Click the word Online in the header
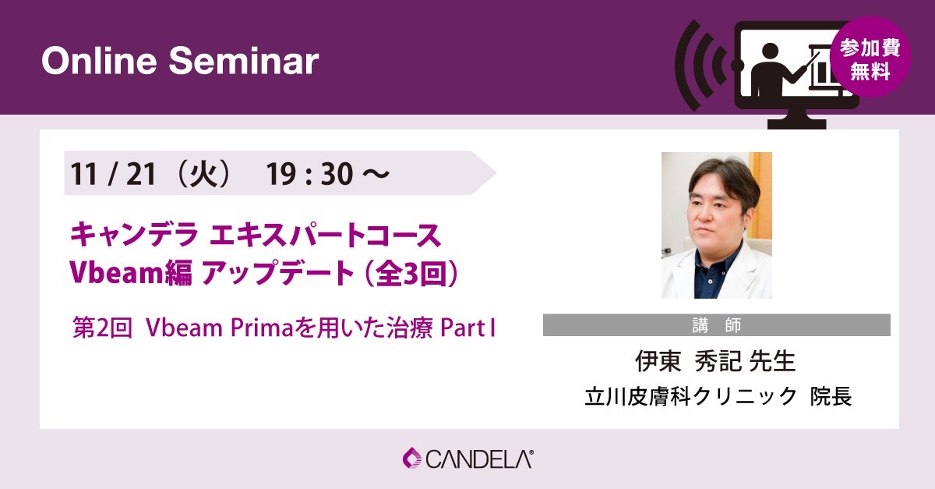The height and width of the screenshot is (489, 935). point(99,62)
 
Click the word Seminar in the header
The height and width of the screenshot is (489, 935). point(244,62)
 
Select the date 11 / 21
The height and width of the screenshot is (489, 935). point(113,173)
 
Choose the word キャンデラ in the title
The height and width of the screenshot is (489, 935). point(133,236)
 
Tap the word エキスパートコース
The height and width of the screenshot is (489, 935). point(326,236)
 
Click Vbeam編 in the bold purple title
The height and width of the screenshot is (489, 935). point(131,273)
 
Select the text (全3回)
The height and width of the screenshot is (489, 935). point(411,273)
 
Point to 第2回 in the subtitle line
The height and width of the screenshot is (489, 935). point(102,328)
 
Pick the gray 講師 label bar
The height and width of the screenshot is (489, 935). point(717,324)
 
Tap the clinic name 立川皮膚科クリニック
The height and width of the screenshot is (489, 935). point(690,397)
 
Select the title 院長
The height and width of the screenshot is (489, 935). point(831,397)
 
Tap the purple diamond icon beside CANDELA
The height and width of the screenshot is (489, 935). point(412,458)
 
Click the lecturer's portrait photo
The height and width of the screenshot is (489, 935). point(717,225)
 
